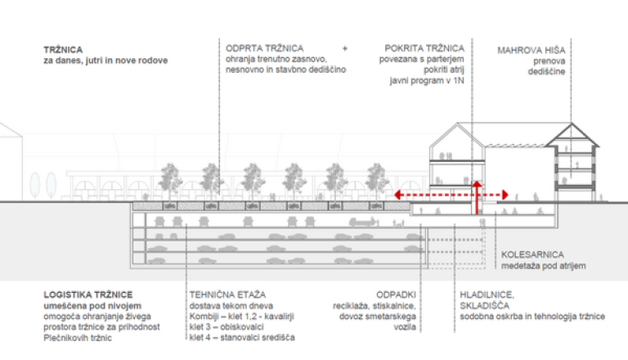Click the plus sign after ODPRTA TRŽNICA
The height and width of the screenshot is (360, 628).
pyautogui.click(x=345, y=49)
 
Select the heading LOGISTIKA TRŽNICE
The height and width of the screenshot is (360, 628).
pyautogui.click(x=88, y=294)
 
